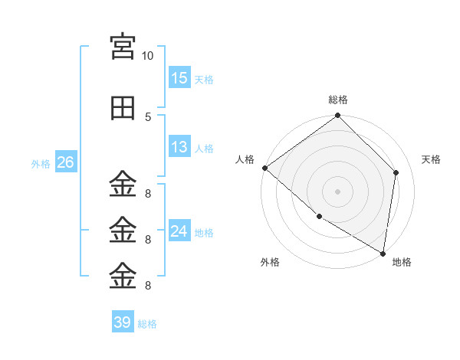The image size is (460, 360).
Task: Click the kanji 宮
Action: click(x=123, y=47)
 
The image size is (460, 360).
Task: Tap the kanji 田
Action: click(x=123, y=108)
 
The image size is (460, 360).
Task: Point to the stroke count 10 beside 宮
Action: click(x=147, y=56)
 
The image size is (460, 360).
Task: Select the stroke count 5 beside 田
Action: click(x=148, y=117)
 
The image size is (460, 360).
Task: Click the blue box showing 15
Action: click(x=179, y=77)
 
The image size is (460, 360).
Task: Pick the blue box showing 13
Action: click(x=179, y=146)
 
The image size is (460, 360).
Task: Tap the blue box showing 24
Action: click(x=179, y=230)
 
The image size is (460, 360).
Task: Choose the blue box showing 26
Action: click(x=66, y=162)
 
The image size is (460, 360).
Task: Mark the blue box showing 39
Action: click(x=123, y=321)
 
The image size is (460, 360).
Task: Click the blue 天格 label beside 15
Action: click(x=204, y=80)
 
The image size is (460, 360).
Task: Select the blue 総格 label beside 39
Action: click(x=147, y=324)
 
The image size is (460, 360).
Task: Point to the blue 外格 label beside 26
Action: click(x=41, y=164)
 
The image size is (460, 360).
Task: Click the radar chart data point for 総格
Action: click(x=337, y=115)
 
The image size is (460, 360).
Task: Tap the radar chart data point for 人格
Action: click(x=265, y=168)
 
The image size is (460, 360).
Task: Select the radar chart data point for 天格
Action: click(x=396, y=172)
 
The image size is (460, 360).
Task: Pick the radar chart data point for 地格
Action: click(x=383, y=254)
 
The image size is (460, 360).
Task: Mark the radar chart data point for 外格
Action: click(x=320, y=217)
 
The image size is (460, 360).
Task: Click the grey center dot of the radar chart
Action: click(x=337, y=191)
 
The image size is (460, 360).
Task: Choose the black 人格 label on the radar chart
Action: click(x=245, y=159)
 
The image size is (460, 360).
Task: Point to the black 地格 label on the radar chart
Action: click(x=402, y=262)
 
